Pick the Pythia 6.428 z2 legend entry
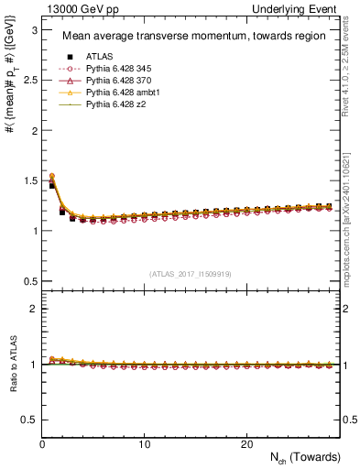click(113, 106)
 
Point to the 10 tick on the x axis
click(144, 444)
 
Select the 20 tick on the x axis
click(245, 444)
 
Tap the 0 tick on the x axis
click(42, 444)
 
